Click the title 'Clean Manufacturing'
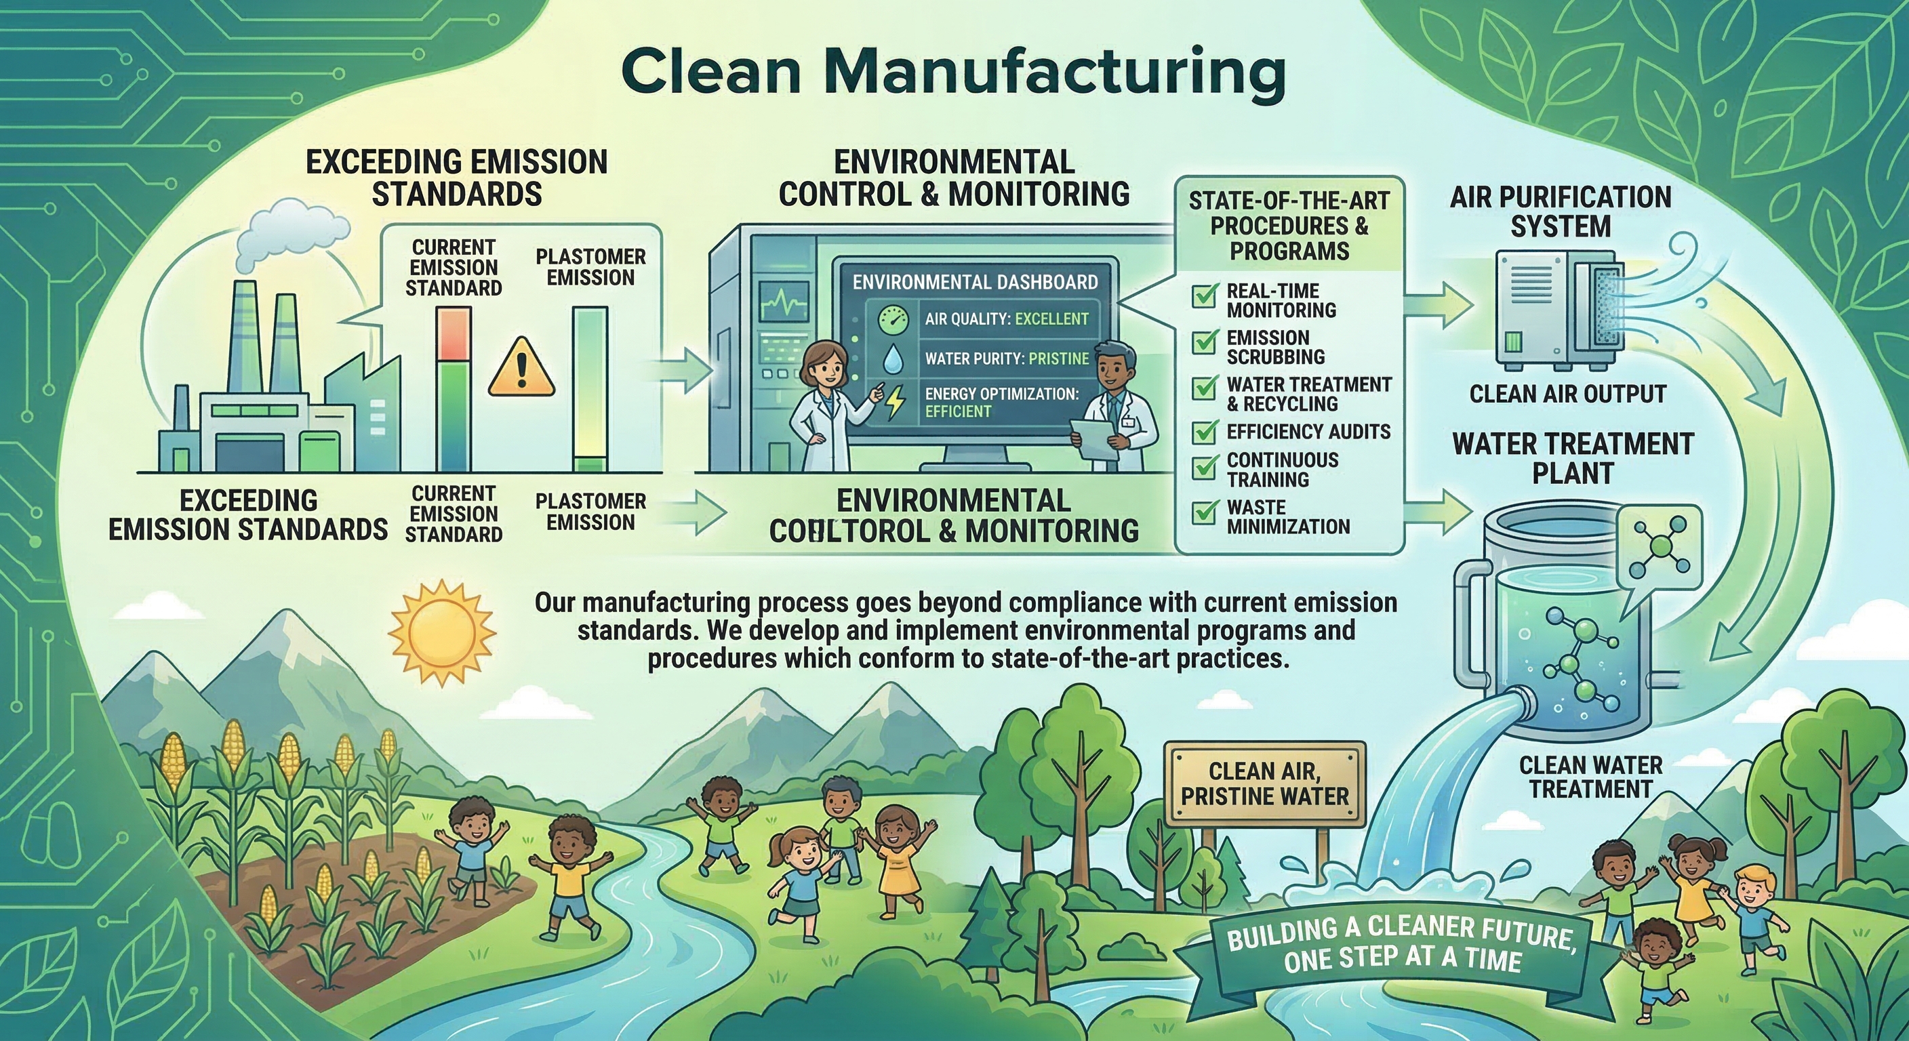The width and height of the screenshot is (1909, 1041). [954, 73]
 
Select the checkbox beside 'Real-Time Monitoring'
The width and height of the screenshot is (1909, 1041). [1204, 295]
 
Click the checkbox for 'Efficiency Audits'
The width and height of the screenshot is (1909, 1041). [1204, 430]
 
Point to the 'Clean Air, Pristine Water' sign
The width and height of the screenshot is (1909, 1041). [1265, 784]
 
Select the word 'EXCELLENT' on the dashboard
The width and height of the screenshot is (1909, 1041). [1051, 319]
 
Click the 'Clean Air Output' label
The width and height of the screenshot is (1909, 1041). [1567, 394]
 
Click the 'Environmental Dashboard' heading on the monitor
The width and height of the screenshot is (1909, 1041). [975, 283]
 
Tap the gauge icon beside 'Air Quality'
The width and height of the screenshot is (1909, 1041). [893, 320]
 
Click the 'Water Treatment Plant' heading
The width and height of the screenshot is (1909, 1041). [1573, 458]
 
